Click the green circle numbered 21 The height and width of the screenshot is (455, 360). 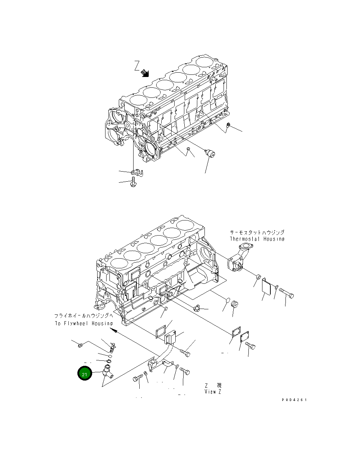85,374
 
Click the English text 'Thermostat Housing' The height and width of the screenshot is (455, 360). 257,239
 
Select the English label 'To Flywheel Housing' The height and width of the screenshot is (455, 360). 84,323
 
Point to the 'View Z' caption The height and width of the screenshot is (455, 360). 213,391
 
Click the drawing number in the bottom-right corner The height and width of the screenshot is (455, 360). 294,400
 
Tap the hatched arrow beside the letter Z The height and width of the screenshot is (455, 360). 145,73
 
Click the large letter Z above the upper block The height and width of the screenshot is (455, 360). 136,65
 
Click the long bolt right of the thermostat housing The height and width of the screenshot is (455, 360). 287,292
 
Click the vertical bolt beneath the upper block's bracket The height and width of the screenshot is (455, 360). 134,181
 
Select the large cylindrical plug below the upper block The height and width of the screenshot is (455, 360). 210,154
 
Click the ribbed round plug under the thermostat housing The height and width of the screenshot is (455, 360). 235,304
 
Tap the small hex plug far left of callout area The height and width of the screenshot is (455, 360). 81,345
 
